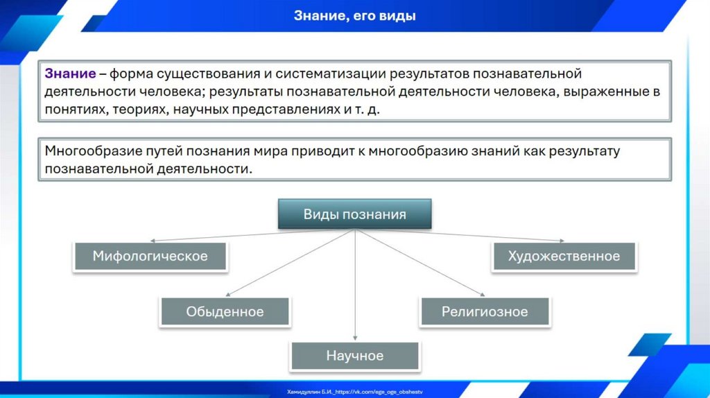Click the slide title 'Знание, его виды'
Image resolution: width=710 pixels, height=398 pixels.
coord(355,15)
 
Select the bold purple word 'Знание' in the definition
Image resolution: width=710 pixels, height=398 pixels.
coord(70,73)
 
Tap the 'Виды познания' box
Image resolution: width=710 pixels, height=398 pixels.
coord(354,214)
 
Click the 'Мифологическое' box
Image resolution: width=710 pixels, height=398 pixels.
coord(150,257)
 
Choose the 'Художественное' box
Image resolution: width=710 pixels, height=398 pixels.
coord(564,257)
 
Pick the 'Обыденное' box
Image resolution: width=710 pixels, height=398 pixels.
coord(225,312)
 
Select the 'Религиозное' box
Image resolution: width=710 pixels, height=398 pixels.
coord(485,312)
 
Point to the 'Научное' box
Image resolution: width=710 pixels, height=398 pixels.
coord(354,356)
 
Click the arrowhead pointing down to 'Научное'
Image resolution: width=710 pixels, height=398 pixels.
coord(355,338)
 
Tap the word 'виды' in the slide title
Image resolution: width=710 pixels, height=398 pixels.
coord(397,15)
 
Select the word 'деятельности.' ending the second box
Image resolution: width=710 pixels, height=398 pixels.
coord(204,168)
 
